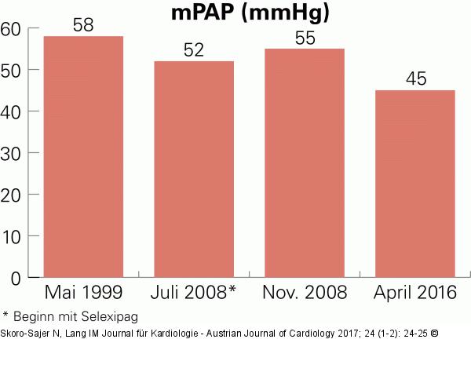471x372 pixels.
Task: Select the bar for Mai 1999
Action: click(x=83, y=157)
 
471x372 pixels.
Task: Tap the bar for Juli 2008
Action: click(x=194, y=169)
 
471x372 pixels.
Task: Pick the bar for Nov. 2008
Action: click(x=305, y=162)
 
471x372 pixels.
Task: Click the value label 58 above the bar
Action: click(x=83, y=25)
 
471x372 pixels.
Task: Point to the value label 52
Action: click(x=194, y=50)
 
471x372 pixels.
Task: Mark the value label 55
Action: click(x=305, y=38)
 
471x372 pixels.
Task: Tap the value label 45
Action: click(x=415, y=79)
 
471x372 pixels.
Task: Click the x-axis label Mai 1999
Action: click(x=84, y=294)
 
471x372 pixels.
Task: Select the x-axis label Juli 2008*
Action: click(x=193, y=294)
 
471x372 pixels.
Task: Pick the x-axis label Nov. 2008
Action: click(x=305, y=294)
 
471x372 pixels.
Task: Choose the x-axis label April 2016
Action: click(x=415, y=294)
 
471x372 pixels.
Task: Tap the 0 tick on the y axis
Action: click(x=15, y=277)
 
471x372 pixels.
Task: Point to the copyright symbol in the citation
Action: click(x=433, y=334)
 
